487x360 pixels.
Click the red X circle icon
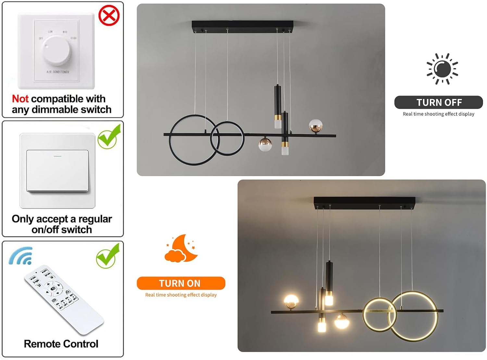click(x=109, y=15)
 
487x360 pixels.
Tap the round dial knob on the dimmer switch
click(x=57, y=50)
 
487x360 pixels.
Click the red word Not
click(x=20, y=99)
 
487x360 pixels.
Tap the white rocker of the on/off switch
click(x=57, y=170)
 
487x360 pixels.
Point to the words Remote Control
click(x=61, y=344)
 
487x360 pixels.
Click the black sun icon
click(x=442, y=69)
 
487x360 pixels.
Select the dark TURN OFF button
click(x=439, y=102)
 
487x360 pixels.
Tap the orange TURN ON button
click(x=181, y=283)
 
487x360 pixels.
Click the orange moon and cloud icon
click(x=181, y=249)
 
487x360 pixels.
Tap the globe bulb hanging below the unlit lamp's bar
click(x=265, y=145)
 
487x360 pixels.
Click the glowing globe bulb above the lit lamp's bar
click(x=291, y=302)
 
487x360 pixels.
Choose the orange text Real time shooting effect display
click(x=181, y=295)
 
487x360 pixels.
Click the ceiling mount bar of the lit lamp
click(x=364, y=202)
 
